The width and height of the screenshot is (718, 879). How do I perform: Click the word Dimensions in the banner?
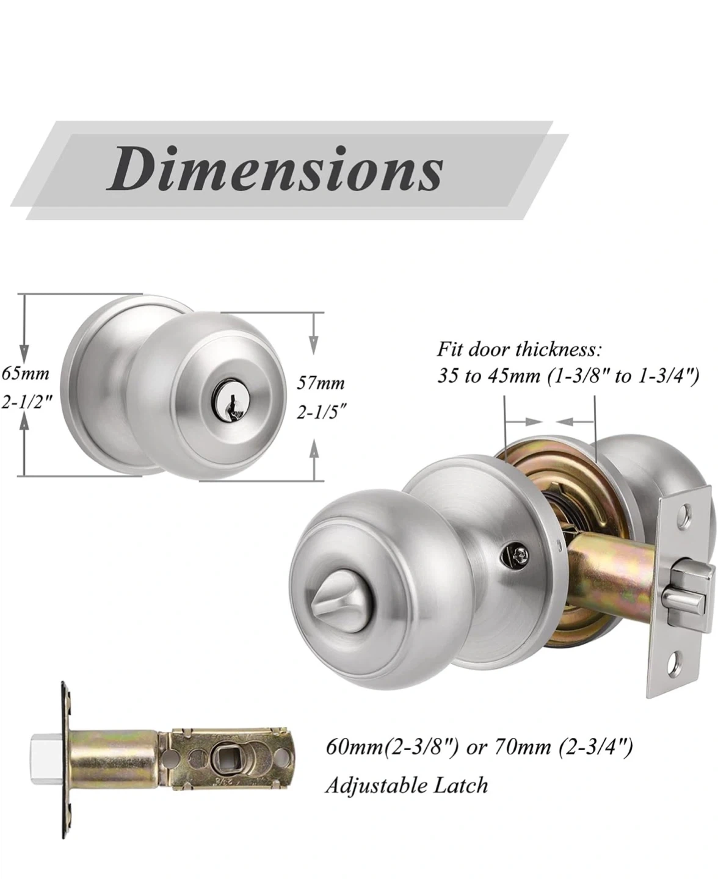click(275, 169)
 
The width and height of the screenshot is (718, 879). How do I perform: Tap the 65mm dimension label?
click(26, 374)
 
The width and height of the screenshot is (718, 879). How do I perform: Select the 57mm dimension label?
click(321, 383)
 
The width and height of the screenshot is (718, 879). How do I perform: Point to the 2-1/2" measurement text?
click(27, 403)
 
